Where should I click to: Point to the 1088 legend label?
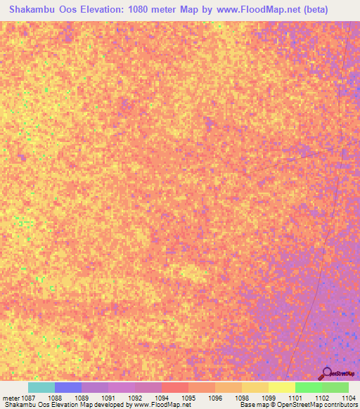pos(55,397)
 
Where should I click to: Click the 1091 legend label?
pos(108,397)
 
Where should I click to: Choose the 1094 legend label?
pos(162,397)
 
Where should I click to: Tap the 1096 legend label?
pos(215,397)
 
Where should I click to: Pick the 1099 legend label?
pos(269,397)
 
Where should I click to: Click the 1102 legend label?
pos(322,397)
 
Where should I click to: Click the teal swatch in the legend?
pos(41,387)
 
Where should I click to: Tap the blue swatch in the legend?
pos(68,387)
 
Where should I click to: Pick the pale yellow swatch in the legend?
pos(282,387)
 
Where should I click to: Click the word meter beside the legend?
pos(11,397)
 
